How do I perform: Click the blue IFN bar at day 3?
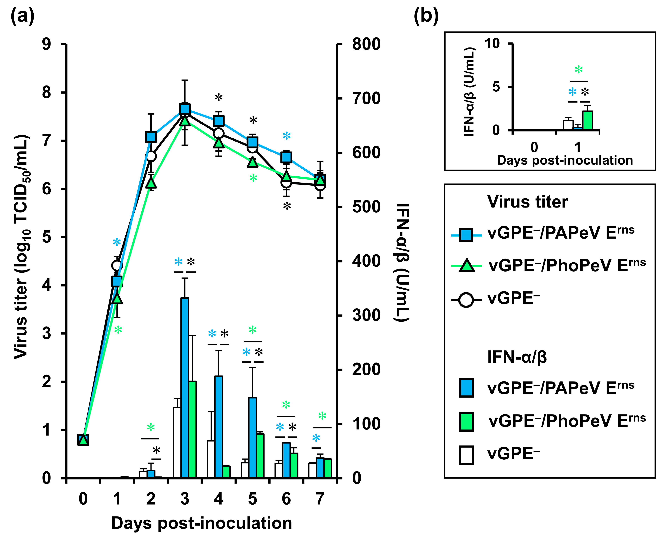click(x=185, y=387)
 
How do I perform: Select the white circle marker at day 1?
click(x=117, y=266)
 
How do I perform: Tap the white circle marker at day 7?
click(x=320, y=185)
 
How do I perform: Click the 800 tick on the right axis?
click(x=366, y=44)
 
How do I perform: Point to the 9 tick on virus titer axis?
click(x=46, y=44)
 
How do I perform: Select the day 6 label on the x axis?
click(x=286, y=499)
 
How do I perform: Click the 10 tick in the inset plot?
click(x=492, y=44)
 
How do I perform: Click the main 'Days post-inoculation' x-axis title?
click(x=202, y=523)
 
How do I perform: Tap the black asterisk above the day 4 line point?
click(x=218, y=98)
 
